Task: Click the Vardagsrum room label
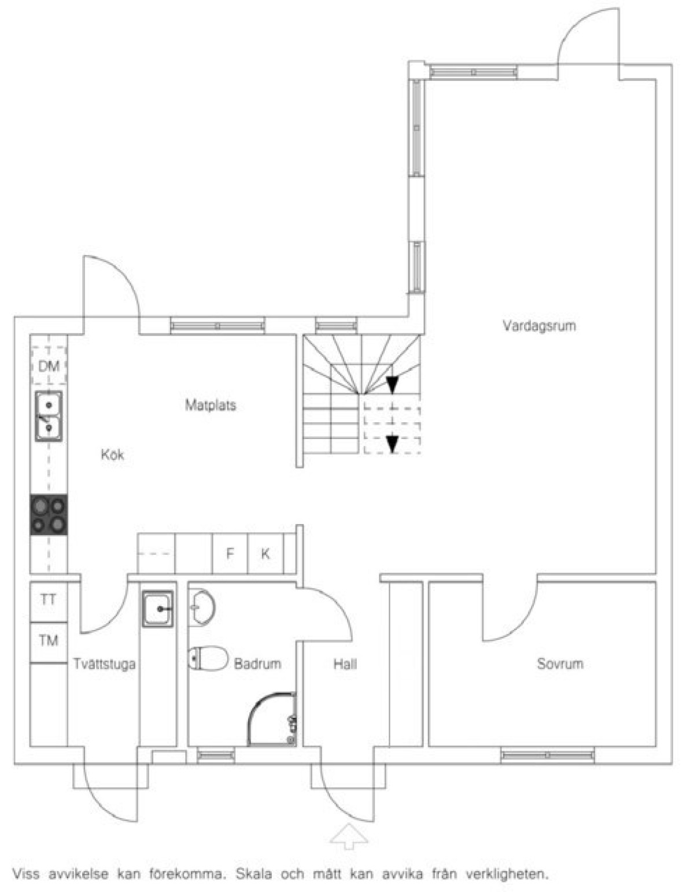539,326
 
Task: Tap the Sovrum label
560,664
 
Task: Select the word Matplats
211,406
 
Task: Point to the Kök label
112,455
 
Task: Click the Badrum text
258,664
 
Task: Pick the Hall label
345,664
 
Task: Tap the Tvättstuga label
105,664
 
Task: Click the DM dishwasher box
49,366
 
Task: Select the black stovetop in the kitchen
49,515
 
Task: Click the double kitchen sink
49,416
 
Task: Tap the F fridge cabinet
230,554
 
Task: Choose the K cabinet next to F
265,554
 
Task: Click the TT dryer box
49,600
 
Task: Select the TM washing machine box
49,641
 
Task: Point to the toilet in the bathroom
208,658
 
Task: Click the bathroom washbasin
201,608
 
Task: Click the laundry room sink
158,609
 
